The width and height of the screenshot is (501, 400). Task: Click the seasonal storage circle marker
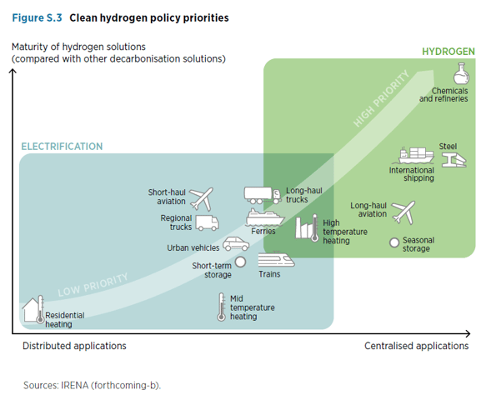point(394,242)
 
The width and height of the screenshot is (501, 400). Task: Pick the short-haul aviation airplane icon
point(201,198)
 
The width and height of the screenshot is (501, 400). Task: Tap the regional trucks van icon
point(206,223)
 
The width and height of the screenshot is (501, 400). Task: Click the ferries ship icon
point(263,217)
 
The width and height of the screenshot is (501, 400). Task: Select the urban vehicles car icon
point(235,245)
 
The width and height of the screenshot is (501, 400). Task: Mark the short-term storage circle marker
point(240,262)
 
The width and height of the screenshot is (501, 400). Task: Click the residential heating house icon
point(32,309)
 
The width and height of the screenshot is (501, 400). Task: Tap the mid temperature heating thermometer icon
point(222,306)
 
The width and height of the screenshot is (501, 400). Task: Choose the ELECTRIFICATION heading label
point(62,147)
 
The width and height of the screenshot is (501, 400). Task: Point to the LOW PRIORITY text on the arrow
point(93,285)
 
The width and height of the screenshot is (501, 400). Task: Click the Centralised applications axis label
point(416,346)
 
